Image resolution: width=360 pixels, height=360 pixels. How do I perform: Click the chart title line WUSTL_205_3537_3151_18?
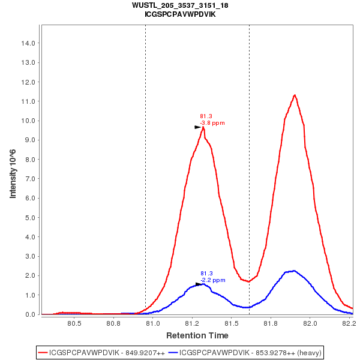tap(180, 5)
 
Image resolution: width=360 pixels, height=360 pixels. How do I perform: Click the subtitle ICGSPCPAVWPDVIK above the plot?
tap(180, 14)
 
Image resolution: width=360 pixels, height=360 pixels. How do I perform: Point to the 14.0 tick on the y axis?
tap(28, 43)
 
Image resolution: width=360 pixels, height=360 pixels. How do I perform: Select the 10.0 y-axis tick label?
tap(28, 121)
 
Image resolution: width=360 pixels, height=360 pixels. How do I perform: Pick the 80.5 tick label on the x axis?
tap(74, 324)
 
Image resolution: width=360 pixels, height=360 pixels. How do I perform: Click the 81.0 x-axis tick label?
tap(153, 324)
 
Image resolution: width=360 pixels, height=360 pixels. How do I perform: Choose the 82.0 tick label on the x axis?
tap(310, 324)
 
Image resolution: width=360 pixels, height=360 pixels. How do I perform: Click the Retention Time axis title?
tap(197, 335)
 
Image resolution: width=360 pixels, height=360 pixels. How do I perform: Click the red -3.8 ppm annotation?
tap(212, 123)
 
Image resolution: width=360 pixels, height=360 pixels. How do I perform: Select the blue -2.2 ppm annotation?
tap(213, 280)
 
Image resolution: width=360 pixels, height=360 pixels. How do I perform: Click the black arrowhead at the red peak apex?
tap(197, 127)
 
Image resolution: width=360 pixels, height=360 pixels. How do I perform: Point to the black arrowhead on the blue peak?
tap(198, 284)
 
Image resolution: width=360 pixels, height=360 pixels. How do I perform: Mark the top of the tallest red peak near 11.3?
tap(295, 95)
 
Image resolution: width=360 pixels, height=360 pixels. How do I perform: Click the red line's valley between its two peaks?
tap(248, 281)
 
